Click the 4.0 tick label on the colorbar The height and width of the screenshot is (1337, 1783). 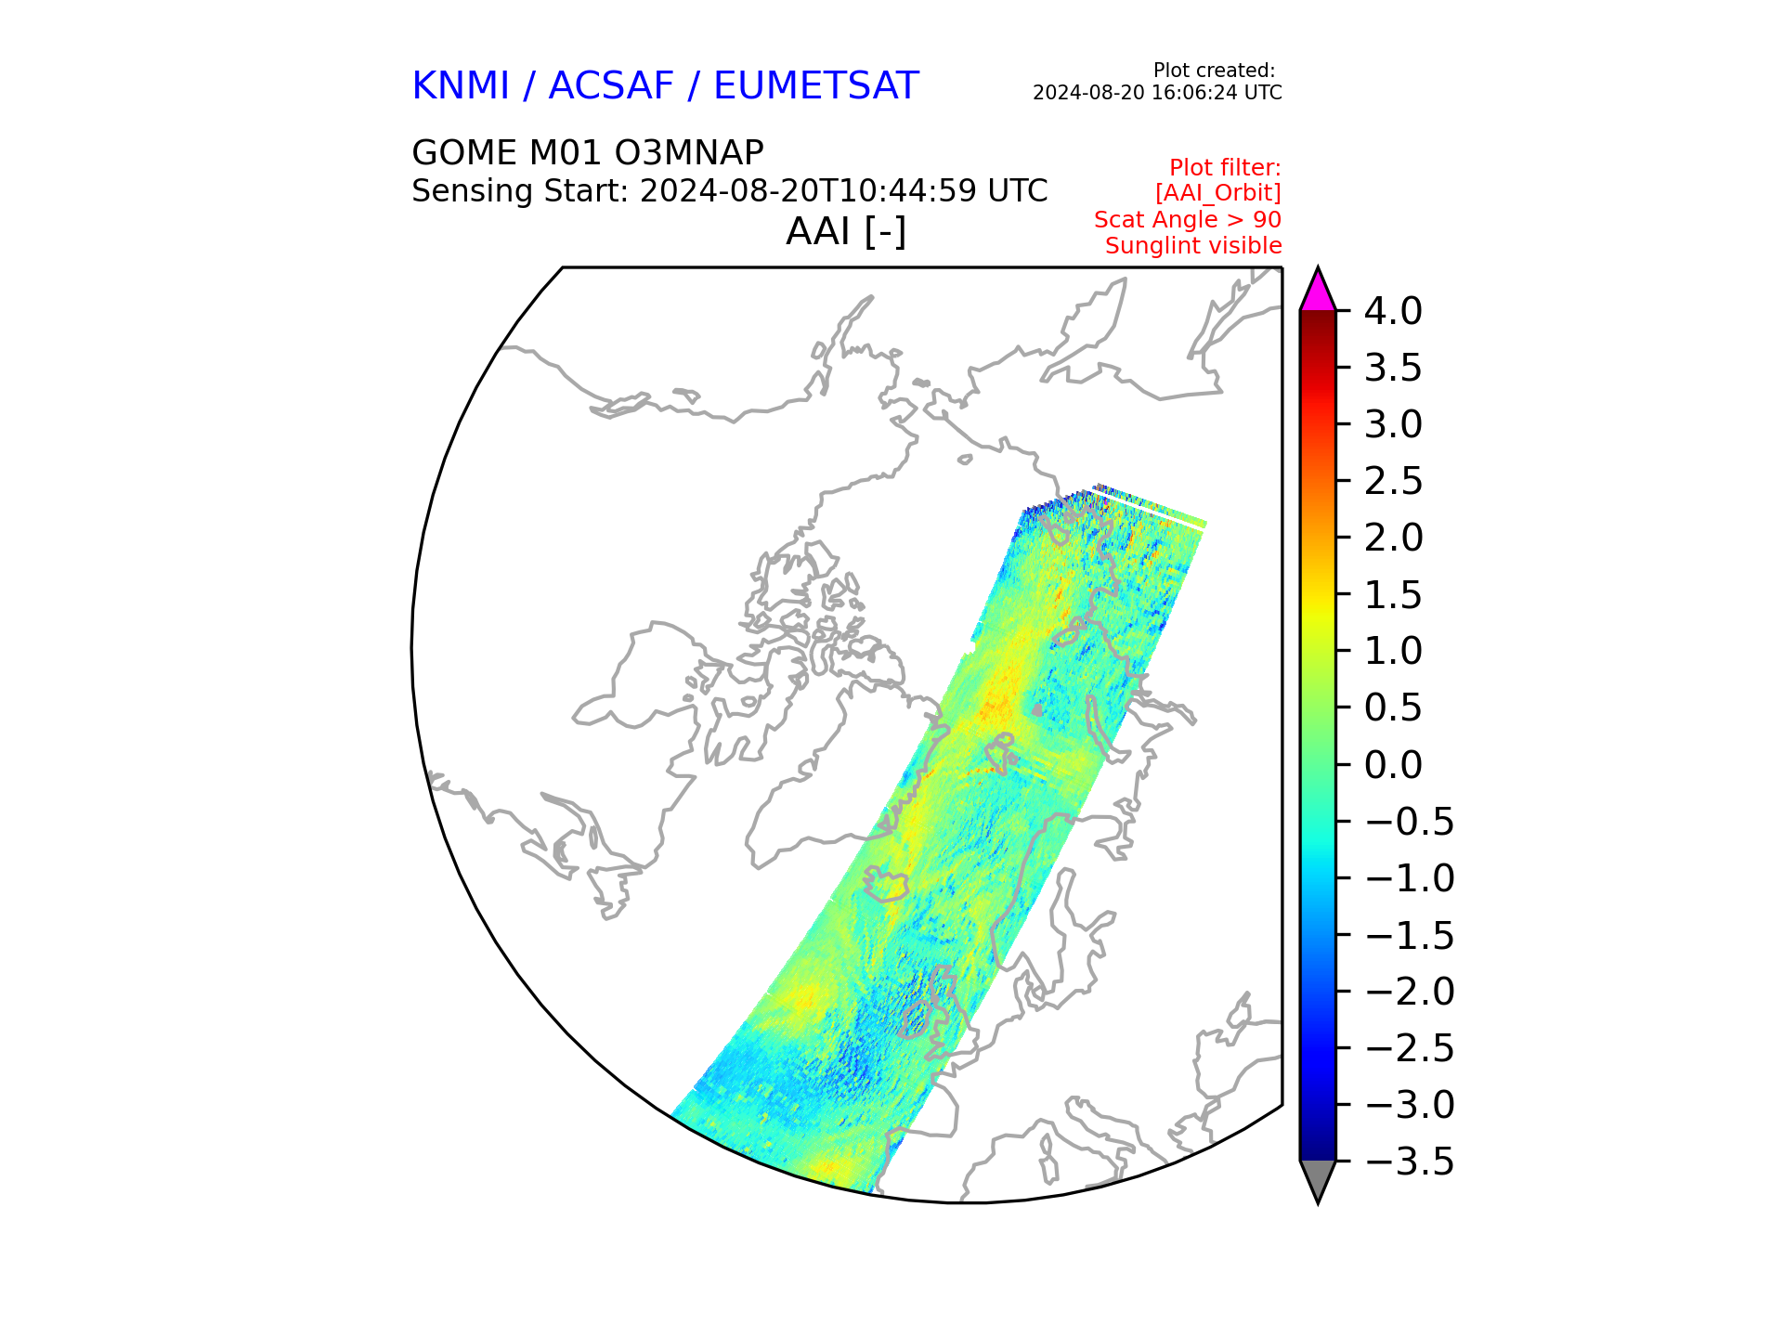click(x=1392, y=311)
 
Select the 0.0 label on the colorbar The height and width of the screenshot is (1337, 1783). click(x=1393, y=765)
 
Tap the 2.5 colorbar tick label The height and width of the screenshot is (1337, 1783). click(x=1393, y=481)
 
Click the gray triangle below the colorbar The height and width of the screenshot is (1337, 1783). click(x=1318, y=1180)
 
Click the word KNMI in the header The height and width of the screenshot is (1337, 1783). click(x=461, y=86)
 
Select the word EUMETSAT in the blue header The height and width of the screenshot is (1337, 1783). click(x=816, y=86)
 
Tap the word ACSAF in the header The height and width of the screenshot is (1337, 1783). click(x=611, y=86)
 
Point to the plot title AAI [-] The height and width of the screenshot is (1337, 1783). click(x=846, y=231)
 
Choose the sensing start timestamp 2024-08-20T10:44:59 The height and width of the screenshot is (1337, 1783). click(x=808, y=190)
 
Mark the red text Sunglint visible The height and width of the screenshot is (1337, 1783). click(x=1193, y=246)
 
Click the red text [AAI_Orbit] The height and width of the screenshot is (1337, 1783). click(x=1218, y=193)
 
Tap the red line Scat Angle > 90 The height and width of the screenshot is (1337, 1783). click(x=1188, y=220)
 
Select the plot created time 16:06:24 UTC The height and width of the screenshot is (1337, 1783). click(x=1225, y=93)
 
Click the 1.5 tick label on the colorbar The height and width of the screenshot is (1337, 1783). click(x=1393, y=595)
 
